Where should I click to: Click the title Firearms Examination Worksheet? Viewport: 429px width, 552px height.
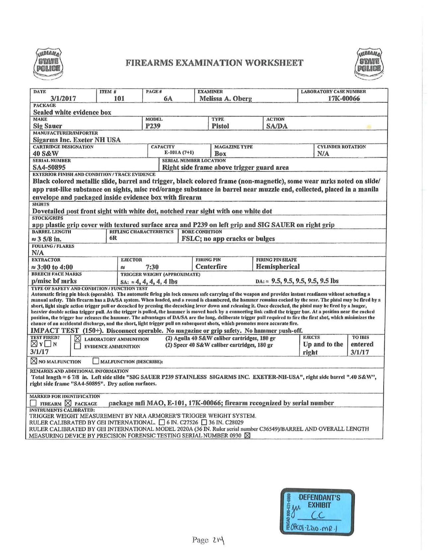(214, 62)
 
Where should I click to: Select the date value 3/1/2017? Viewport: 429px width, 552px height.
(63, 99)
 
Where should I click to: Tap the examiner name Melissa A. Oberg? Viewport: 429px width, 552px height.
(225, 99)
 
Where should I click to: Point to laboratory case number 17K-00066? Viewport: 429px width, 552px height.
(344, 99)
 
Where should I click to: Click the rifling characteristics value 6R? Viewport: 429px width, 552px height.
(113, 238)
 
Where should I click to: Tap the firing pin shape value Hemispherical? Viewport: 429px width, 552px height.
(278, 266)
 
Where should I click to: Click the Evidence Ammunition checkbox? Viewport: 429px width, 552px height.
(77, 346)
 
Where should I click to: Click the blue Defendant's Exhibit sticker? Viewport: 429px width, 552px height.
(312, 510)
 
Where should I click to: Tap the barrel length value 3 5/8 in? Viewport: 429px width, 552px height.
(47, 239)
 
